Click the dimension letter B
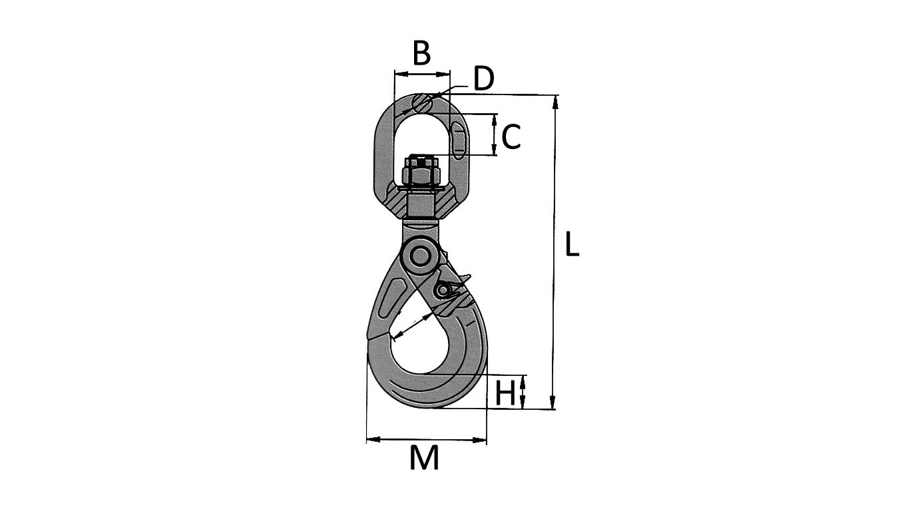[421, 53]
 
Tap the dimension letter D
[484, 79]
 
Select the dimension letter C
[511, 138]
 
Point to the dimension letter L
[572, 245]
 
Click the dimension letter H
[505, 393]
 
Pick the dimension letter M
[424, 458]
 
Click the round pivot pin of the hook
[420, 256]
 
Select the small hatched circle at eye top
[421, 103]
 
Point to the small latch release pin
[443, 291]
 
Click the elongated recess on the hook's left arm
[391, 299]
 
